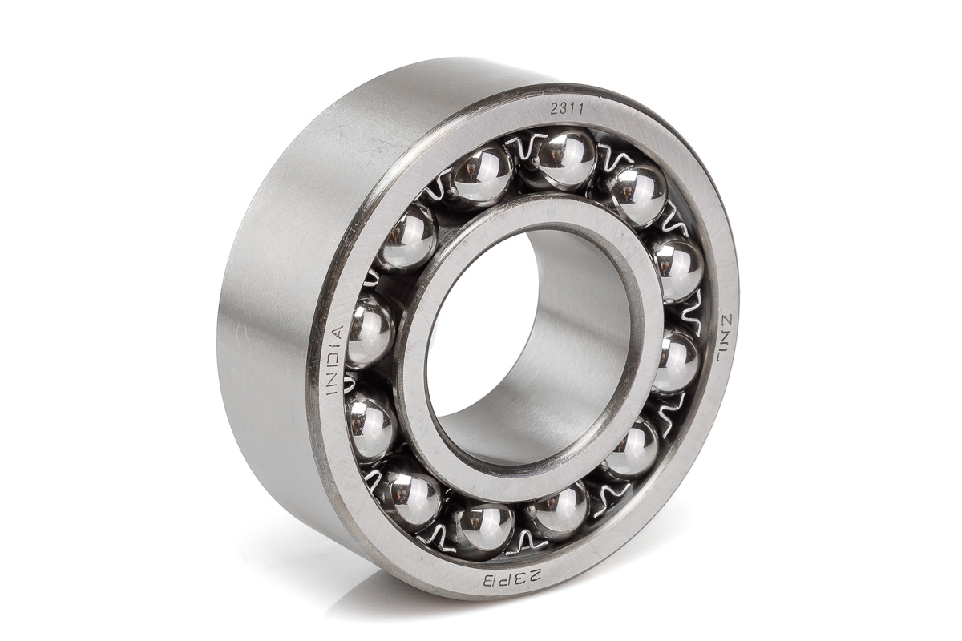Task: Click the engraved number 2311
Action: (x=567, y=110)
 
